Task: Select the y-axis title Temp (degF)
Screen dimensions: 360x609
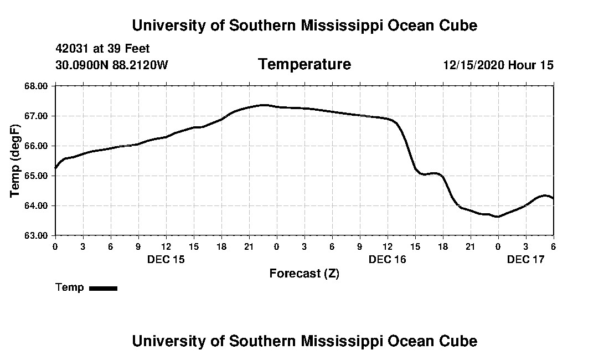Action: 16,160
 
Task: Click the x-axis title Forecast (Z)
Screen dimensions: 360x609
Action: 304,274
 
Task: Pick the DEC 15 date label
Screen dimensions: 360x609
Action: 166,259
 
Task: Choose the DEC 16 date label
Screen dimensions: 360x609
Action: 387,259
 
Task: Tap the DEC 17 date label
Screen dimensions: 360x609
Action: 525,259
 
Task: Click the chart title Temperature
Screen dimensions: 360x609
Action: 304,64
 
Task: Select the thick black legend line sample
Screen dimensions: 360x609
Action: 103,288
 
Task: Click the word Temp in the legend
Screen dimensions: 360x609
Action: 70,287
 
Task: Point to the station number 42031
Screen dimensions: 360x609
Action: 73,49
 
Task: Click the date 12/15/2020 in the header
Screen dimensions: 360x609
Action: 473,65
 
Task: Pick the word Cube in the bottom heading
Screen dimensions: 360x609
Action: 460,341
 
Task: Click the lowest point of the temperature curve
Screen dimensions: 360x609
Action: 498,217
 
